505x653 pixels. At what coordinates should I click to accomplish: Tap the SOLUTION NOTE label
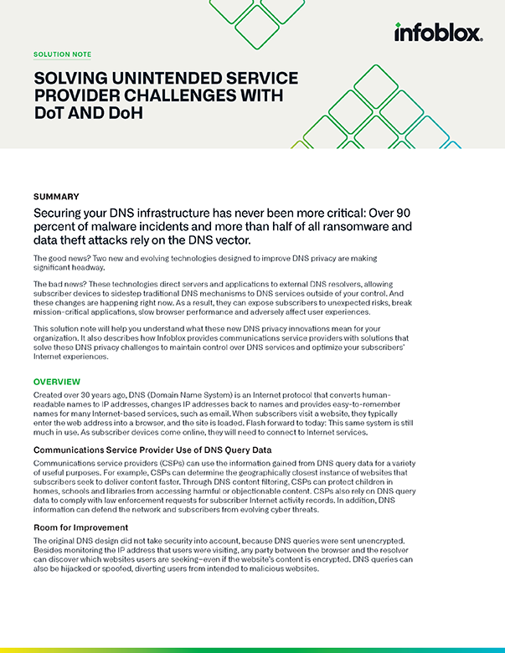(x=62, y=54)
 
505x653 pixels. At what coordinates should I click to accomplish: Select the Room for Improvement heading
(x=80, y=527)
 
